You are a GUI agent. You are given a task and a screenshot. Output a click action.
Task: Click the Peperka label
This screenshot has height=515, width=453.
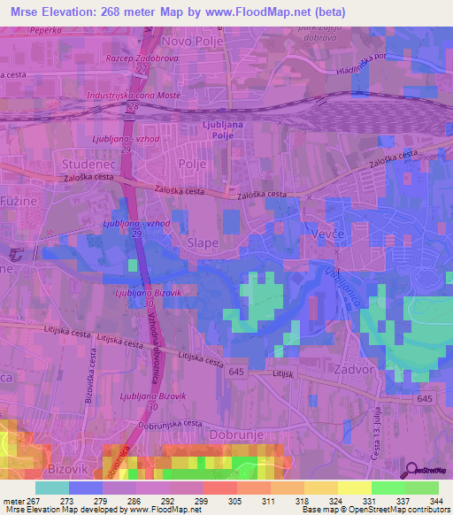[x=45, y=29]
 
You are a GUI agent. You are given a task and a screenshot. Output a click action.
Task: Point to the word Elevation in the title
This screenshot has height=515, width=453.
[x=78, y=12]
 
